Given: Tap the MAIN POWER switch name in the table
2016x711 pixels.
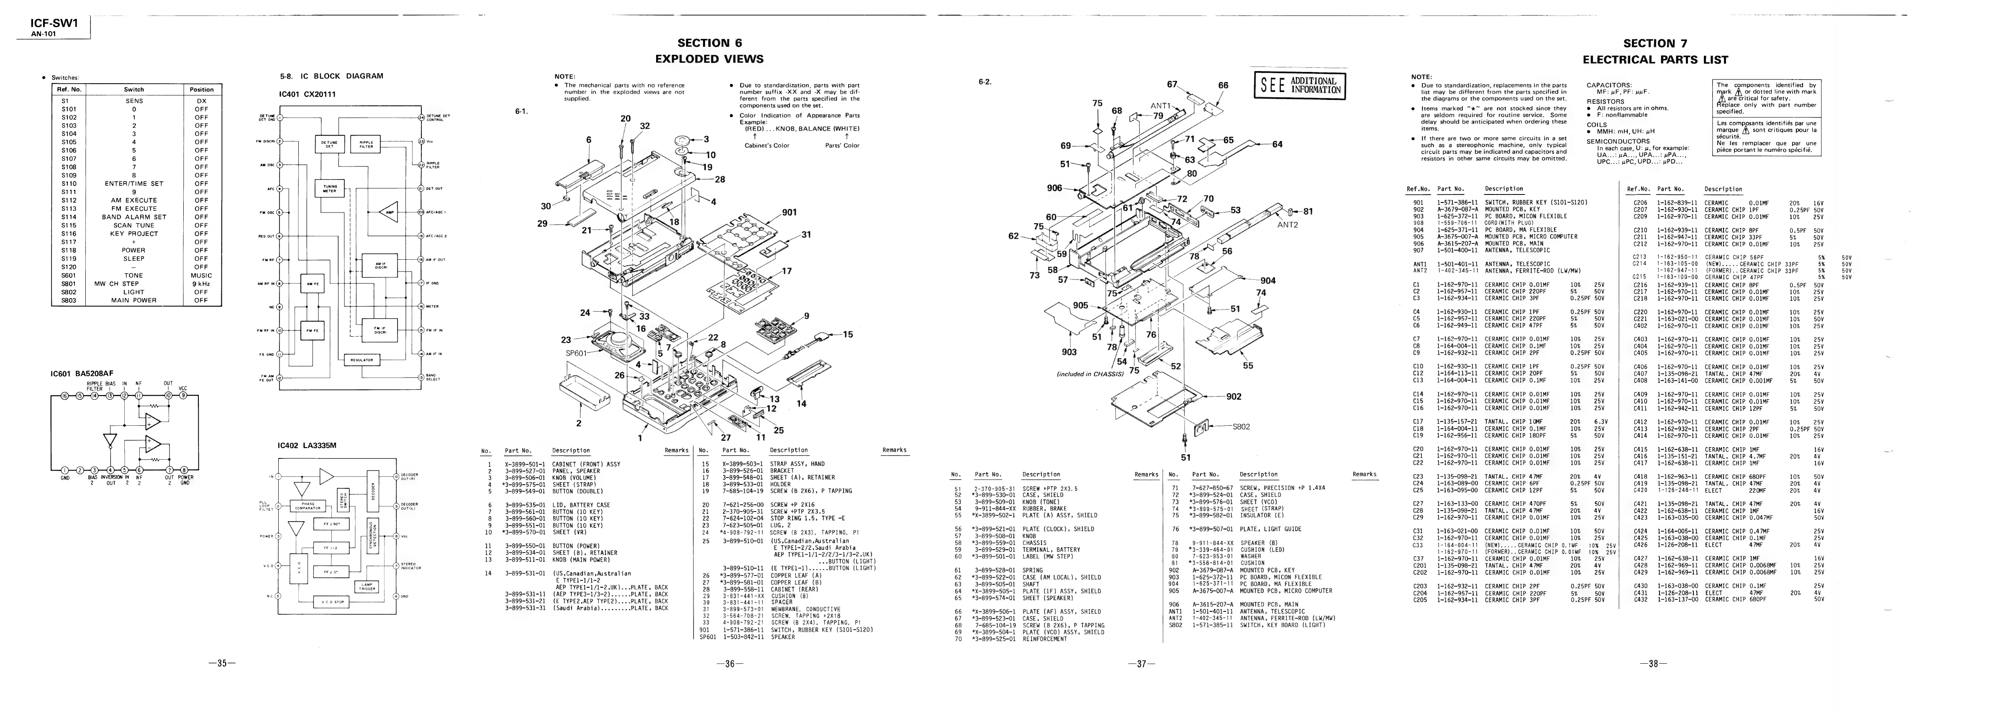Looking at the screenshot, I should (x=134, y=300).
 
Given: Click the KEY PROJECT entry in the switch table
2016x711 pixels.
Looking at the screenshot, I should (x=134, y=233).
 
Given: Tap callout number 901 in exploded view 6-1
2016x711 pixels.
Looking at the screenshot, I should (x=789, y=212).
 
